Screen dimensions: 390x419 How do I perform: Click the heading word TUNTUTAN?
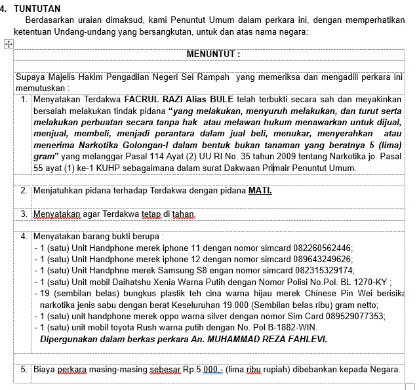tap(37, 9)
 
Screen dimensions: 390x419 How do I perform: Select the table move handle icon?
tap(9, 44)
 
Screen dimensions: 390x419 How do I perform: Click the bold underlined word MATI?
tap(260, 191)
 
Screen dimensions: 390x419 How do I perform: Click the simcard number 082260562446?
tap(318, 248)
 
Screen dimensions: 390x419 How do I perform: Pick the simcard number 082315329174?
tap(319, 271)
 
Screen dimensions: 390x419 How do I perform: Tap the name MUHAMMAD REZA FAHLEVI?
tap(267, 340)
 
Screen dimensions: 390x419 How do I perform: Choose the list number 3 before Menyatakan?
tap(24, 214)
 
